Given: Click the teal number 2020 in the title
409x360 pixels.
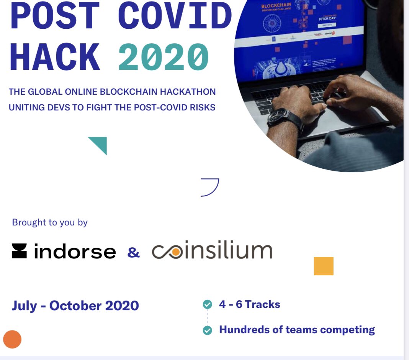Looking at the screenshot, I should pos(164,57).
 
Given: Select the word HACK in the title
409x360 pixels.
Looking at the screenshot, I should pos(56,57).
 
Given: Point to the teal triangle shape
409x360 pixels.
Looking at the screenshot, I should pos(100,144).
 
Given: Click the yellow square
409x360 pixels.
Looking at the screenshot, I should pos(324,266).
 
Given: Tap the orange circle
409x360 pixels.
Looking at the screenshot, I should pos(12,339).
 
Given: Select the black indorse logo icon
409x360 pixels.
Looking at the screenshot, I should pos(19,251).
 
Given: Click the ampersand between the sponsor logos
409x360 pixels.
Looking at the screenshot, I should pos(133,252).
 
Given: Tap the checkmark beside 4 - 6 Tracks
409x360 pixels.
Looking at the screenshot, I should pos(207,305).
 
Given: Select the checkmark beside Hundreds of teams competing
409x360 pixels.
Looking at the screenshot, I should pos(207,330).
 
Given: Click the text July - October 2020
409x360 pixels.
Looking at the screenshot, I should pos(75,306).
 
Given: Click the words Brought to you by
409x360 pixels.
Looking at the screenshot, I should pos(50,222).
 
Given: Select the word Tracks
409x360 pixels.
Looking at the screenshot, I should pos(262,304).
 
